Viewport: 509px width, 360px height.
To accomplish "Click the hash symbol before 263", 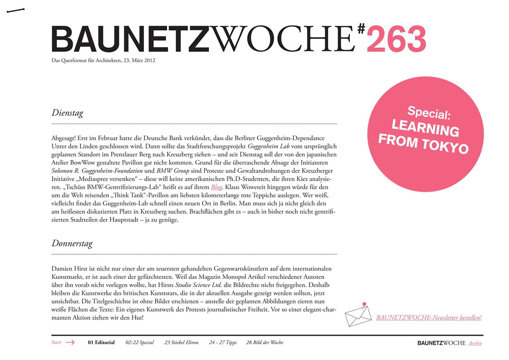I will [361, 29].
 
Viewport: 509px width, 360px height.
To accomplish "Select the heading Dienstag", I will [67, 113].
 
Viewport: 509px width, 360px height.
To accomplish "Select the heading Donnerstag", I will [72, 244].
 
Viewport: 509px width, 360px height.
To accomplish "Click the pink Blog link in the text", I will [216, 187].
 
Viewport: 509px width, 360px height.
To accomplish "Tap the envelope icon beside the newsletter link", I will [358, 315].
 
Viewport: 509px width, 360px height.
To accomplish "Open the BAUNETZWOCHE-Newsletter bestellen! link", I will [428, 318].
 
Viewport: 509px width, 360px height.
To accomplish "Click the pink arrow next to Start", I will [70, 343].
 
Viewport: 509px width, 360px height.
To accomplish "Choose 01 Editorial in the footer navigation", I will [101, 343].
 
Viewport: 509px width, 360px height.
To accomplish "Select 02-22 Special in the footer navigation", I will [139, 343].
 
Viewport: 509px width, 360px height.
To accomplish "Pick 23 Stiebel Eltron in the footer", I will [181, 343].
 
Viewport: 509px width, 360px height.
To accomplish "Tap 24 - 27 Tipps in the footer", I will [223, 343].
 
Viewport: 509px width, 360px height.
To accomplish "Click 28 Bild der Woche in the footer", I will [265, 343].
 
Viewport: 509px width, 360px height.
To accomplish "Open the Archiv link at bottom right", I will [475, 343].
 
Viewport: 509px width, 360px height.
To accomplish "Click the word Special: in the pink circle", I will [429, 113].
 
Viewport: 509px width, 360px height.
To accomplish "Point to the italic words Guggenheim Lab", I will [270, 146].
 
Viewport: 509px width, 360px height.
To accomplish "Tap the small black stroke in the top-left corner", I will [16, 10].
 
